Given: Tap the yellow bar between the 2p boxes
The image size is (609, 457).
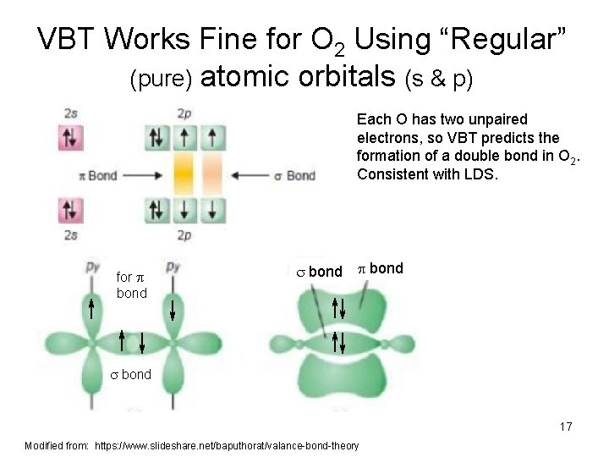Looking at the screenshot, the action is click(x=184, y=175).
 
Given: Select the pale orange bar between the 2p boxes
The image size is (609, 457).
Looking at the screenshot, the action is click(x=212, y=175).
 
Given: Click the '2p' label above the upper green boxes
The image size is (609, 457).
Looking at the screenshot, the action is click(x=184, y=113).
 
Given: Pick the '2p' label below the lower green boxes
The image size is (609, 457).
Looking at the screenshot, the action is click(x=184, y=234).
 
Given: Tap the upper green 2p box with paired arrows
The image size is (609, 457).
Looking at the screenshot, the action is click(x=156, y=137).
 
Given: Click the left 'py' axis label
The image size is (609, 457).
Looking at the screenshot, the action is click(x=92, y=267).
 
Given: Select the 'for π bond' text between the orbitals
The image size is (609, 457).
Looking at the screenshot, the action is click(x=131, y=284).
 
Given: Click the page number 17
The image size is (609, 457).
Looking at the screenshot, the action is click(x=565, y=427).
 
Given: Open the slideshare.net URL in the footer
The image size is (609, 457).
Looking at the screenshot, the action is click(x=227, y=445).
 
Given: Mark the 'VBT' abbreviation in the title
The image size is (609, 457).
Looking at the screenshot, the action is click(x=70, y=39).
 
